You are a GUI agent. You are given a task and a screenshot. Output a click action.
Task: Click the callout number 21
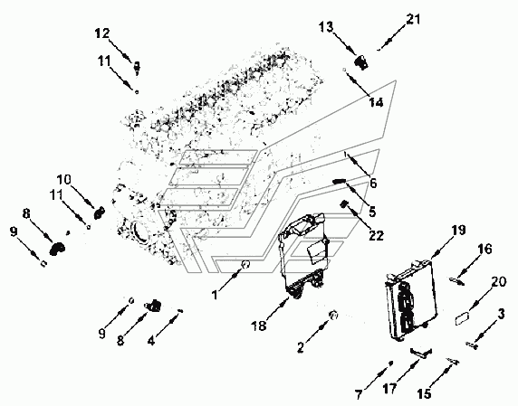[x=413, y=20]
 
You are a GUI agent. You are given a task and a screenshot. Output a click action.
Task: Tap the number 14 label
[x=376, y=102]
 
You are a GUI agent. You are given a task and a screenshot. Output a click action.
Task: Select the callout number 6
[x=373, y=183]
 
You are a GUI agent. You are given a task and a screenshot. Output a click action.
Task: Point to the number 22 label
[x=376, y=235]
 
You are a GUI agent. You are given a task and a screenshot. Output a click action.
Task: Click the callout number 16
[x=484, y=249]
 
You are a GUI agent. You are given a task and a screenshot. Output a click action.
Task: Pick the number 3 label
[x=501, y=314]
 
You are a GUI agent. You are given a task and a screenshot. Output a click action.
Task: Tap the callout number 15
[x=424, y=393]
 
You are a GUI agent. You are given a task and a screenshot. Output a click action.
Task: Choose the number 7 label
[x=359, y=394]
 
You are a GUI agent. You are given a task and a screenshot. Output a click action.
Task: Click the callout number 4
[x=151, y=341]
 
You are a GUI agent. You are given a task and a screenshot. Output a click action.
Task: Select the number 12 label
[x=101, y=33]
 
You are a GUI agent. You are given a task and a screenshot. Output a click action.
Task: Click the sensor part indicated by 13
[x=361, y=62]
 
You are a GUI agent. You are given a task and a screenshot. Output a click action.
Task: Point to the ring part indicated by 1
[x=245, y=263]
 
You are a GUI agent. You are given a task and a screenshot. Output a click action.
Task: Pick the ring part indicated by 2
[x=333, y=315]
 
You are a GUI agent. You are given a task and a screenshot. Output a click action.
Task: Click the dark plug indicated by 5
[x=339, y=181]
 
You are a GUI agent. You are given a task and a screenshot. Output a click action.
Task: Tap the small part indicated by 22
[x=343, y=204]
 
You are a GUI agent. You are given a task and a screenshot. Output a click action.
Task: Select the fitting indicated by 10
[x=99, y=212]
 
